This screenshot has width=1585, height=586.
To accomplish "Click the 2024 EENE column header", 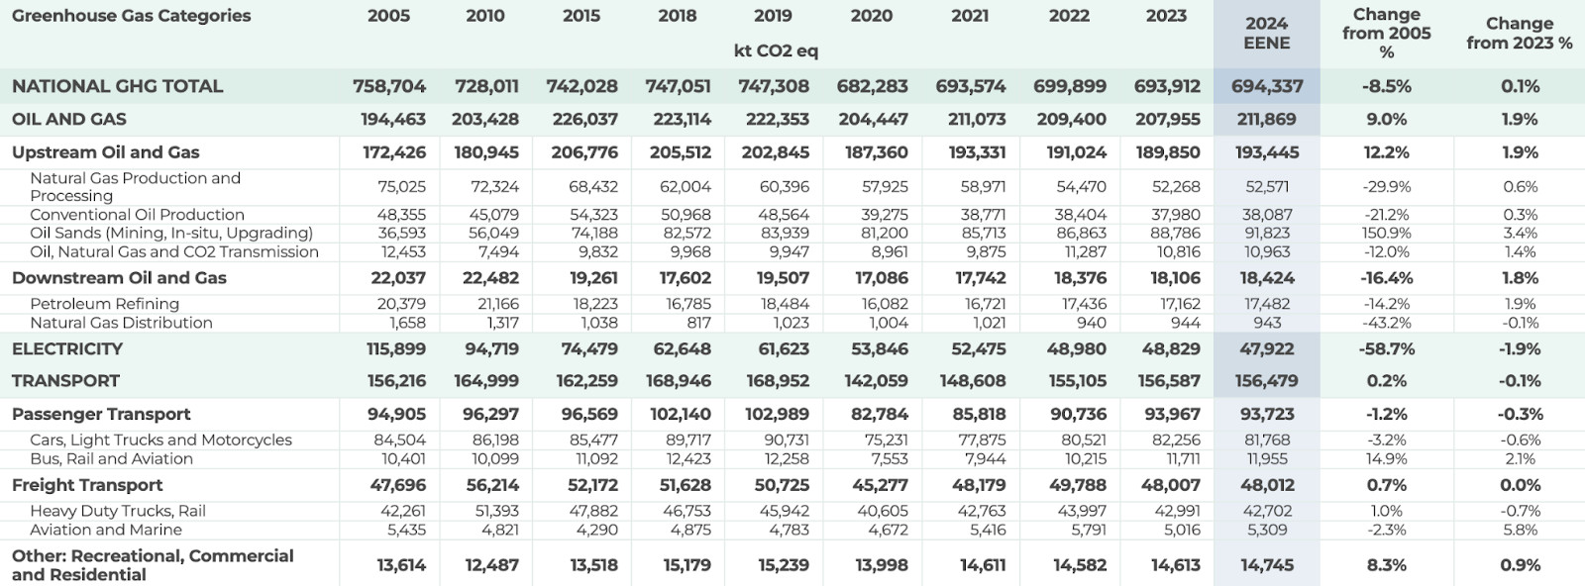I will [1266, 34].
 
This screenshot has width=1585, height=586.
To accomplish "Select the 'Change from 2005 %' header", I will [1386, 33].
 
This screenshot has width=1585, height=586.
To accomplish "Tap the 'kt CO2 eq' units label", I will [776, 51].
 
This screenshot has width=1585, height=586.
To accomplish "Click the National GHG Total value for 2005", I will [388, 86].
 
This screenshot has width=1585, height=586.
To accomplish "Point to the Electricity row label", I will [67, 349].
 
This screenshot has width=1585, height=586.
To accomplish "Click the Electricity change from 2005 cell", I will [1386, 349].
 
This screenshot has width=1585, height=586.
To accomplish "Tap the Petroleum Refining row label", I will [104, 304].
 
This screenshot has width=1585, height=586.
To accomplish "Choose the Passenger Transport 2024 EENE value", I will [1267, 414].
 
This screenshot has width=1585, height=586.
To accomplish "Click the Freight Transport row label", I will [87, 485].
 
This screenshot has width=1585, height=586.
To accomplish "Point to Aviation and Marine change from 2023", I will [1520, 530].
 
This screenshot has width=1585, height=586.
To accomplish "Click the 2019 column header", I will [773, 16].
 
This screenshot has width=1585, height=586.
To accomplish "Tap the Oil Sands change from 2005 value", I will [1386, 234].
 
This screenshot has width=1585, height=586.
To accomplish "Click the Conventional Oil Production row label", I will [137, 215].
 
